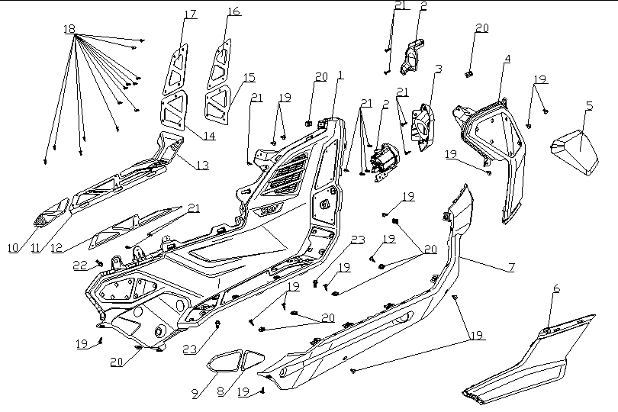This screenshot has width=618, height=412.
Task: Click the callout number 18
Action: click(69, 28)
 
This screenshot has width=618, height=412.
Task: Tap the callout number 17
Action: click(189, 14)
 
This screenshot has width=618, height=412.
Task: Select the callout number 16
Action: click(233, 11)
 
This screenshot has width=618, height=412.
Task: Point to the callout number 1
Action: click(340, 76)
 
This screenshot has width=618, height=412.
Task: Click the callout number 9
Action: click(195, 394)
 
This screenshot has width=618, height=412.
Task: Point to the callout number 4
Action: click(507, 59)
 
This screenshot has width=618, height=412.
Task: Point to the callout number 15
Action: click(249, 79)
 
